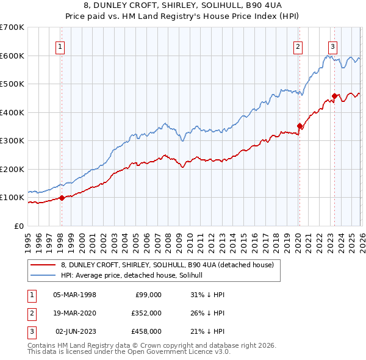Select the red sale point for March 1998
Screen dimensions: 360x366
pyautogui.click(x=62, y=198)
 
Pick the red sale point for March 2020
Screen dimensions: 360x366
pyautogui.click(x=300, y=126)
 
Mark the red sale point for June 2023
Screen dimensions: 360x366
pyautogui.click(x=334, y=96)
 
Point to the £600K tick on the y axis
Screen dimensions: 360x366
pyautogui.click(x=12, y=56)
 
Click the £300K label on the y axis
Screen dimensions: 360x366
pyautogui.click(x=12, y=141)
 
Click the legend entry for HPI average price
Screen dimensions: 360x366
pyautogui.click(x=135, y=275)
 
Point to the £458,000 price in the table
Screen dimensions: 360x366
pyautogui.click(x=146, y=331)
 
